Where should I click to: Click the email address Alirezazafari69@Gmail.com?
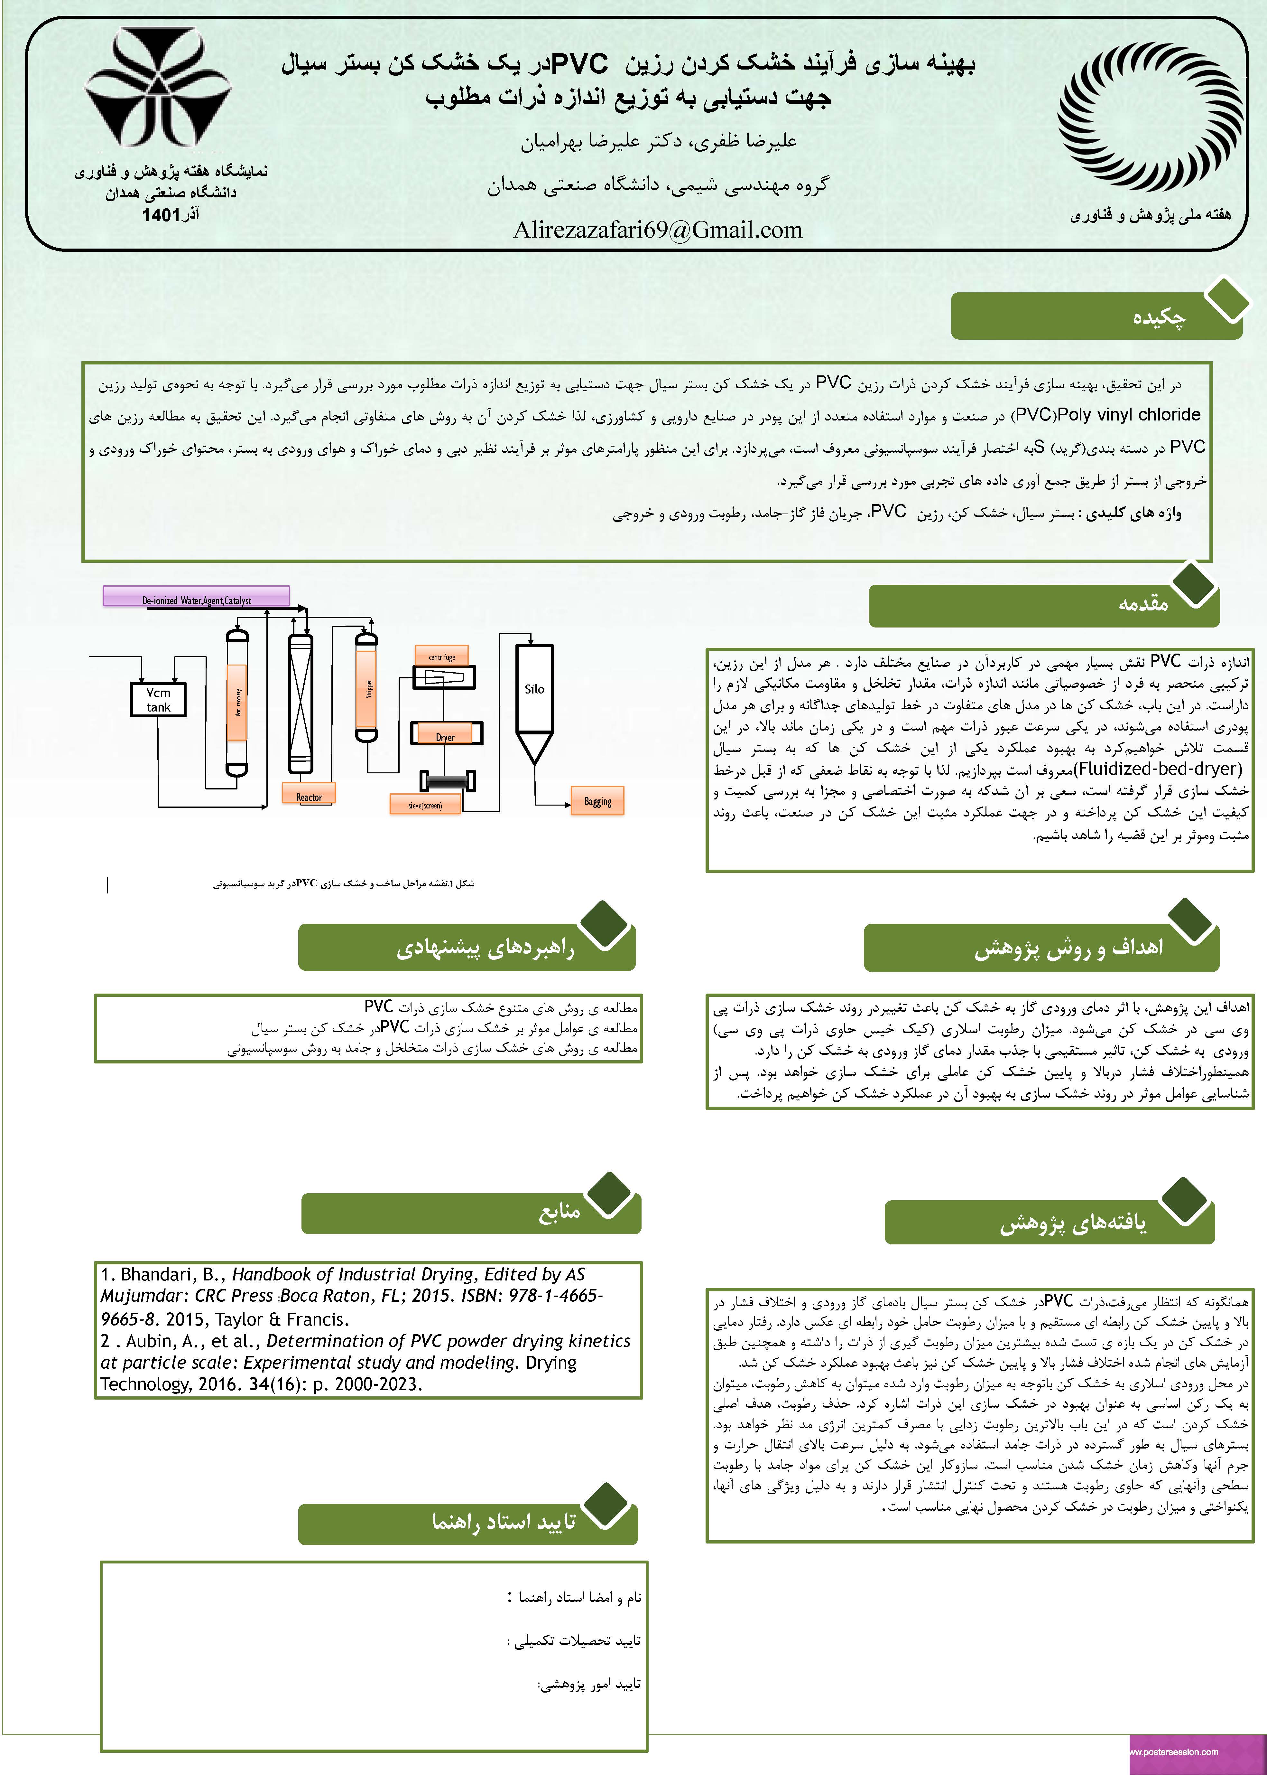coord(658,230)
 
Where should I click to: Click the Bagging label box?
coord(597,801)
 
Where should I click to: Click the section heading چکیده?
coord(1159,317)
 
